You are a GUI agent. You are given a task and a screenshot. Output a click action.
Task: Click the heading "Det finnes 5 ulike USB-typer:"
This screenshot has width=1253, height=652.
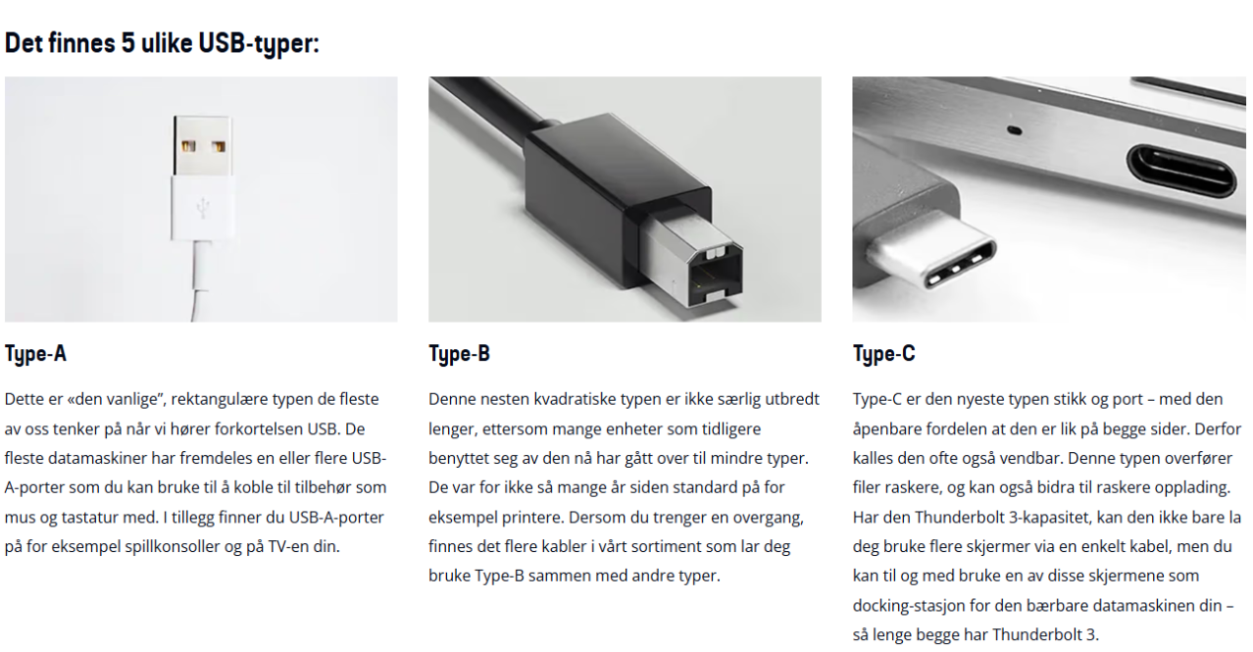click(162, 43)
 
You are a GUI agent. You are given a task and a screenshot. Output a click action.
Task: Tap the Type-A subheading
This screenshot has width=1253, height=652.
click(35, 354)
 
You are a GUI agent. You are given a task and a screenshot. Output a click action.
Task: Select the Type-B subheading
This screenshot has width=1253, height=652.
click(459, 354)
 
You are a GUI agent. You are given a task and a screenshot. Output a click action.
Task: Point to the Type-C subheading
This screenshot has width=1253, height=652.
click(883, 354)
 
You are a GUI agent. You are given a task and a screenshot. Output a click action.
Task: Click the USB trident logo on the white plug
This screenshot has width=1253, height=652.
click(203, 209)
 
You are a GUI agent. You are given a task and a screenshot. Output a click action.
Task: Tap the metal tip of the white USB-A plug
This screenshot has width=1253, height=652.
click(203, 145)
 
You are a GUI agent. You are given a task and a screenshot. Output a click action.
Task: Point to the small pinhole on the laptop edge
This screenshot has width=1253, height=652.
click(1014, 130)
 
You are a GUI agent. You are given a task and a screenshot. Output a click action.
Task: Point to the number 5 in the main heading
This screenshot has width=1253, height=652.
click(128, 42)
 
